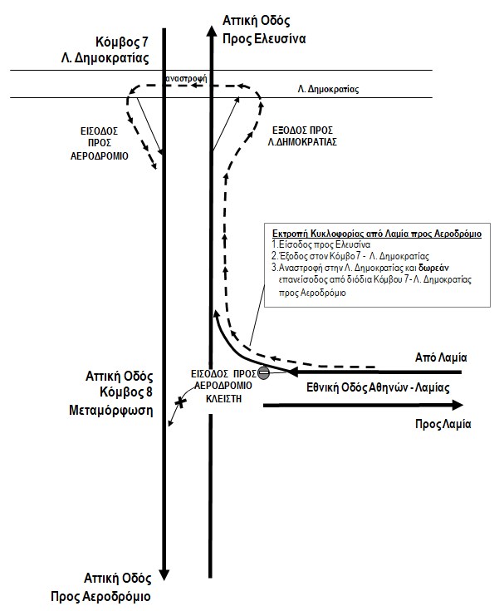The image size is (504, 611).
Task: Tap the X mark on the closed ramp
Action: click(179, 403)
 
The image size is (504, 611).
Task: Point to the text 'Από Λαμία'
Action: click(442, 357)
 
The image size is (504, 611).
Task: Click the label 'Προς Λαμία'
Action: click(443, 423)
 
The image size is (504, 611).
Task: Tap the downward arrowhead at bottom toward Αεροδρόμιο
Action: click(165, 574)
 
